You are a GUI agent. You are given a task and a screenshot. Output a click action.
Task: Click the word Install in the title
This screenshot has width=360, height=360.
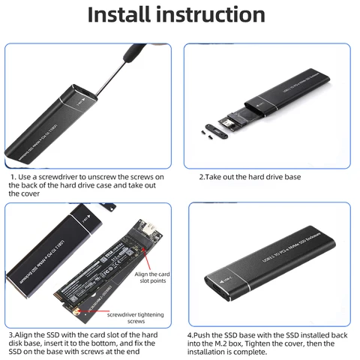[x=121, y=15]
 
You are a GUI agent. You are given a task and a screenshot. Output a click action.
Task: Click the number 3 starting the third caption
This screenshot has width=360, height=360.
[x=10, y=334]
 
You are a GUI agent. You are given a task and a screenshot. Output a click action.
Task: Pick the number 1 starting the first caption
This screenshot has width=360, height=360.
[x=12, y=178]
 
